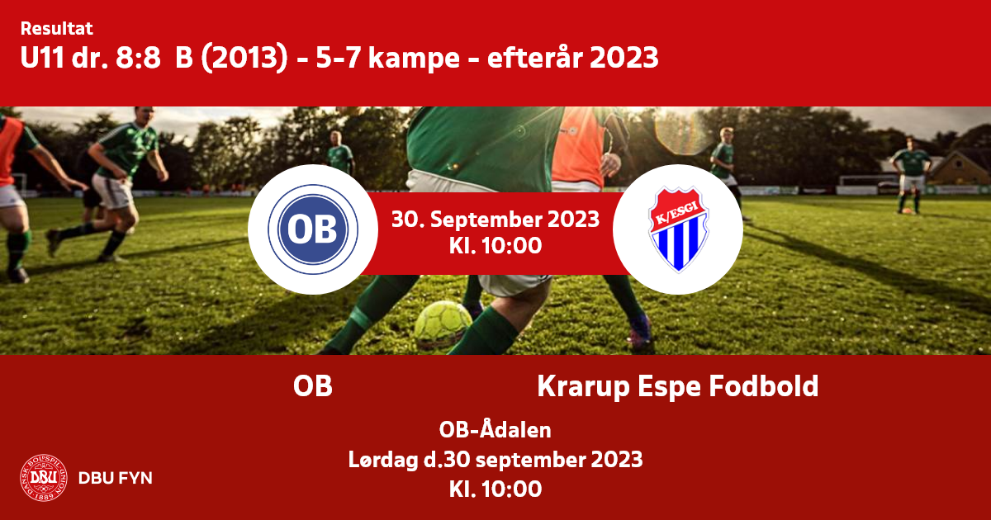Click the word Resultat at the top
pos(57,28)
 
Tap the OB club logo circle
pos(313,229)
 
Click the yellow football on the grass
pos(443,324)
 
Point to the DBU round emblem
pos(44,478)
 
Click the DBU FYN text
pos(116,478)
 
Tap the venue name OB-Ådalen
pos(495,429)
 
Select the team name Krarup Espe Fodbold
pos(678,386)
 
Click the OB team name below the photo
pos(313,386)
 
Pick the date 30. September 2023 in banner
pos(495,219)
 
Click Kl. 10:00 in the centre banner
pos(495,245)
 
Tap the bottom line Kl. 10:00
pos(495,489)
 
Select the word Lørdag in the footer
pos(383,460)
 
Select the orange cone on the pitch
pos(907,211)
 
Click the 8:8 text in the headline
pos(138,58)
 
